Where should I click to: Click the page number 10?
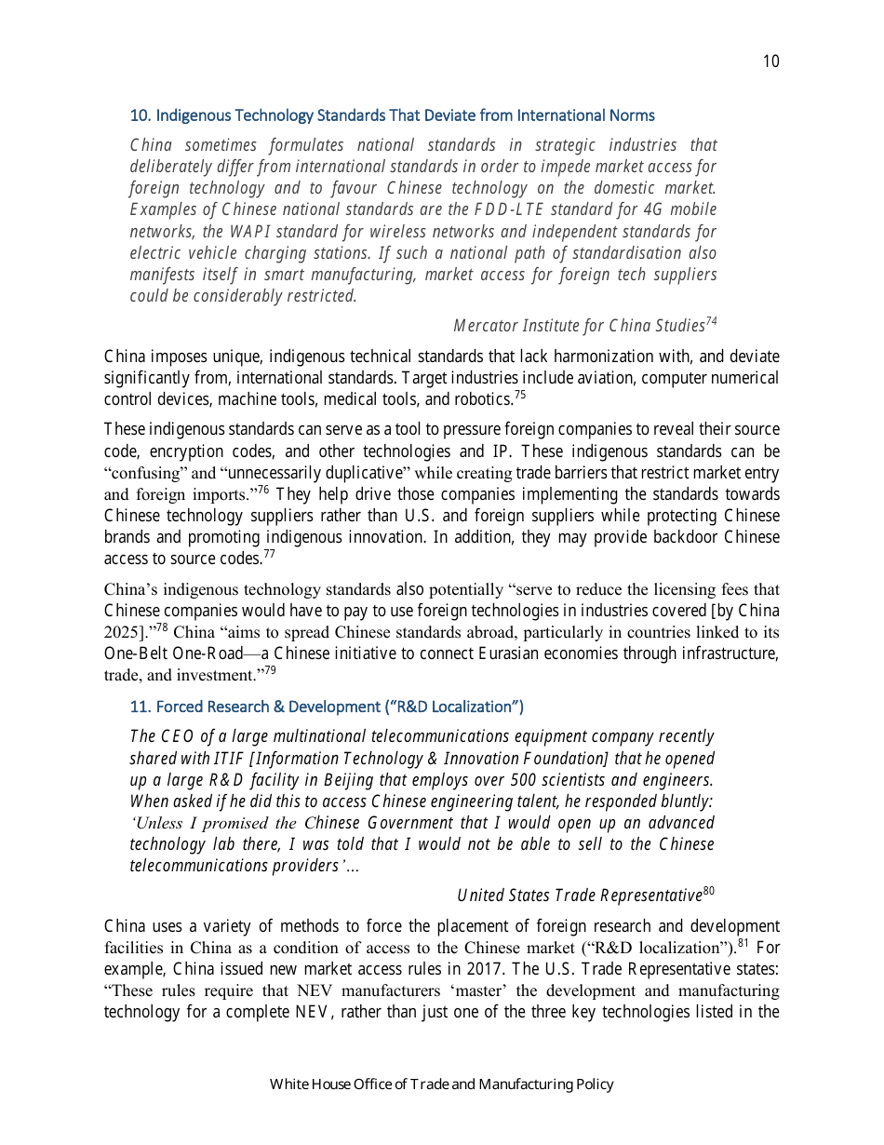(770, 61)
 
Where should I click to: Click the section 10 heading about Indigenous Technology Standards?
(392, 115)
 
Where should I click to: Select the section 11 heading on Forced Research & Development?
(327, 707)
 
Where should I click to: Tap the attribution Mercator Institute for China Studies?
(578, 326)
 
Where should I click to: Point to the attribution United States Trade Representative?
(579, 896)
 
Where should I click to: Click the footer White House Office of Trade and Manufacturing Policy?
(442, 1084)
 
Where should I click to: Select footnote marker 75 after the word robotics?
(520, 395)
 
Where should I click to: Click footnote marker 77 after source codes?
(269, 554)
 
